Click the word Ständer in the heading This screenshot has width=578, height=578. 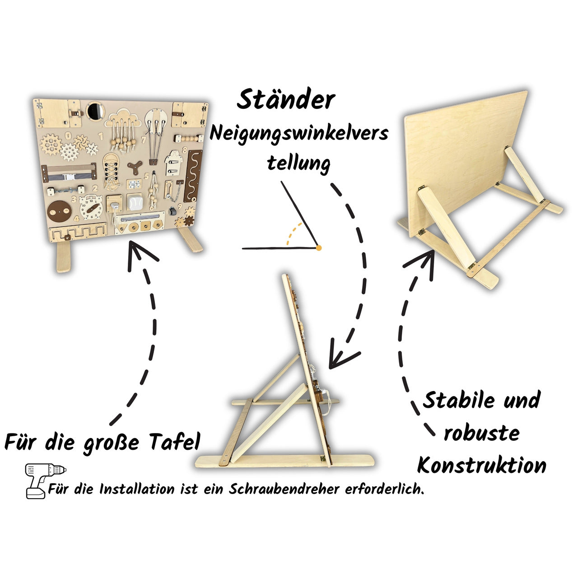(x=286, y=99)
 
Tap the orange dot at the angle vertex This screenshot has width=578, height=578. (x=319, y=248)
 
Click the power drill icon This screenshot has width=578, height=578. (x=45, y=481)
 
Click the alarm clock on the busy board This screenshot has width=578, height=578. (x=91, y=207)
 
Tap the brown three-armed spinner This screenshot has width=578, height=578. (x=135, y=167)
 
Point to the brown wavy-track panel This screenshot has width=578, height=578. (x=192, y=176)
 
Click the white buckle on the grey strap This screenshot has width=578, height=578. (x=69, y=177)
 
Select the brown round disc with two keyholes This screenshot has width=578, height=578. (x=60, y=211)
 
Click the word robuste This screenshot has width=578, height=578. (x=482, y=433)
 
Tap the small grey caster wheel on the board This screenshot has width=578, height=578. (x=172, y=210)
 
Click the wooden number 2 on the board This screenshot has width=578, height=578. (x=95, y=188)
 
